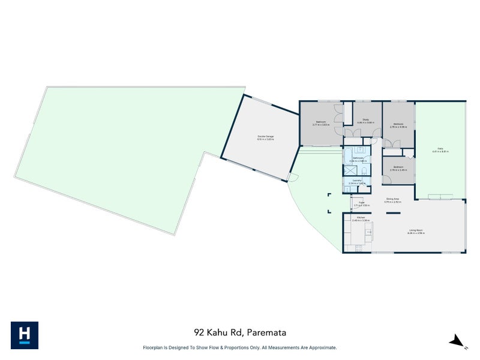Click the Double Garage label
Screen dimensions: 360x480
[260, 137]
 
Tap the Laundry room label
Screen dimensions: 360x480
[357, 181]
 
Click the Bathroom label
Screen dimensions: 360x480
[358, 159]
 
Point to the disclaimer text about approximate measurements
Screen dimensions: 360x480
[239, 347]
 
